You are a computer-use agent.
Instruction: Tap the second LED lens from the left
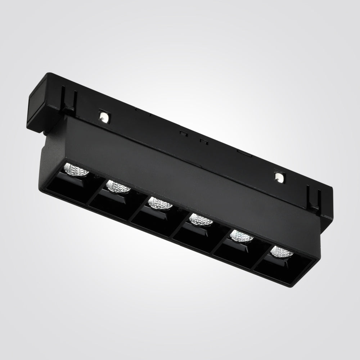118,186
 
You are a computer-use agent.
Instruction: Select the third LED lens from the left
160,203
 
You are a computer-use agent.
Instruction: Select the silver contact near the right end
278,176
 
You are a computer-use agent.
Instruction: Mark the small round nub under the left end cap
46,136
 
